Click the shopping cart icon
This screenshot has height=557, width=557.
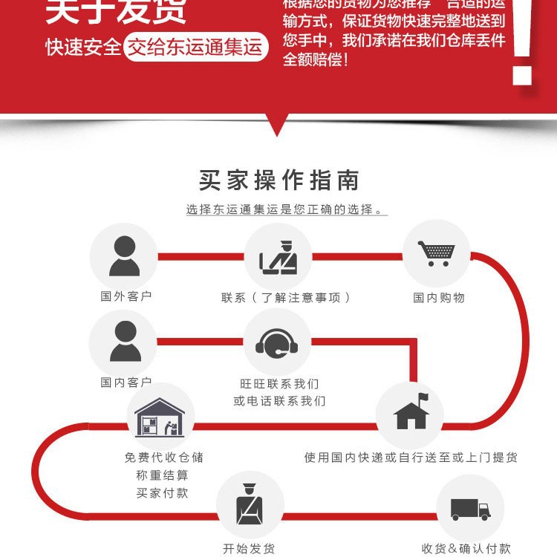tap(436, 253)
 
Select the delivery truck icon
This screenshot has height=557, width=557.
tap(470, 509)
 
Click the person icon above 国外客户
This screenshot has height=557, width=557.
tap(123, 256)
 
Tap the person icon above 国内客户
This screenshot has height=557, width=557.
tap(123, 342)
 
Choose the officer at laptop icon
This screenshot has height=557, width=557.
tap(278, 256)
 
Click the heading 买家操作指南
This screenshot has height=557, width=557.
tap(278, 180)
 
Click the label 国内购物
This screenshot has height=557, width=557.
tap(439, 298)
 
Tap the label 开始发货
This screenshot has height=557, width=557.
tap(250, 549)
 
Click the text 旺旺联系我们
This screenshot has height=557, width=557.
tap(279, 384)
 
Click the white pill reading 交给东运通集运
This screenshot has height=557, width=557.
tap(196, 48)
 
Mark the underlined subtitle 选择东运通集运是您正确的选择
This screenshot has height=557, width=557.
tap(285, 210)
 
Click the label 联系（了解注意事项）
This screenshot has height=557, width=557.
tap(285, 298)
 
